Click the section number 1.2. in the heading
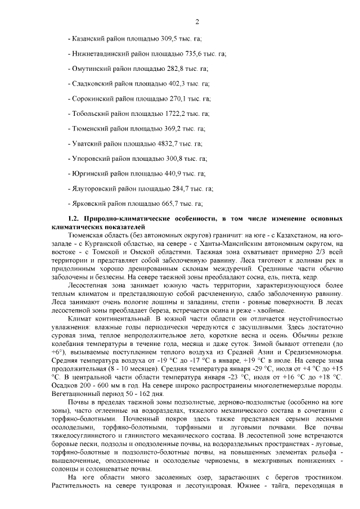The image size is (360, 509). click(x=74, y=218)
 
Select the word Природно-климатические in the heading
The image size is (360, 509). click(x=119, y=218)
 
